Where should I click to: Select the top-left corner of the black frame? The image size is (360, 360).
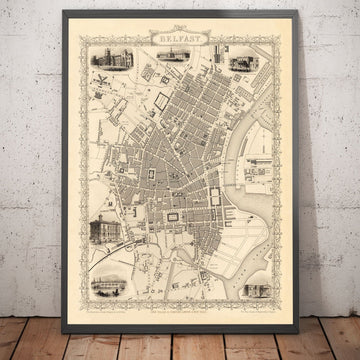pyautogui.click(x=63, y=11)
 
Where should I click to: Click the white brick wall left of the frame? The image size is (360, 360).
pyautogui.click(x=30, y=150)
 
